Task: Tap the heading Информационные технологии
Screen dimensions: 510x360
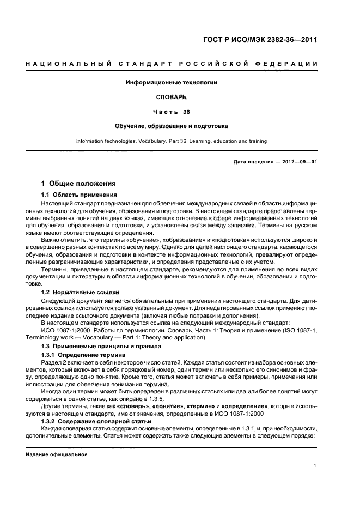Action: [x=172, y=83]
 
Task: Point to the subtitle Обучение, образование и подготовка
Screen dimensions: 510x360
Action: [x=172, y=126]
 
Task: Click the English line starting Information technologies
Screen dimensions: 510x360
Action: [x=172, y=141]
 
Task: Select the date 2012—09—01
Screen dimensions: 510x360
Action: [x=298, y=162]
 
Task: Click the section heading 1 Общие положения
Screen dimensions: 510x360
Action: [x=78, y=184]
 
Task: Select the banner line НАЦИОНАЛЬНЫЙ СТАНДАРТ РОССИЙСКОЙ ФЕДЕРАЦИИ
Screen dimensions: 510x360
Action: [x=172, y=65]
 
